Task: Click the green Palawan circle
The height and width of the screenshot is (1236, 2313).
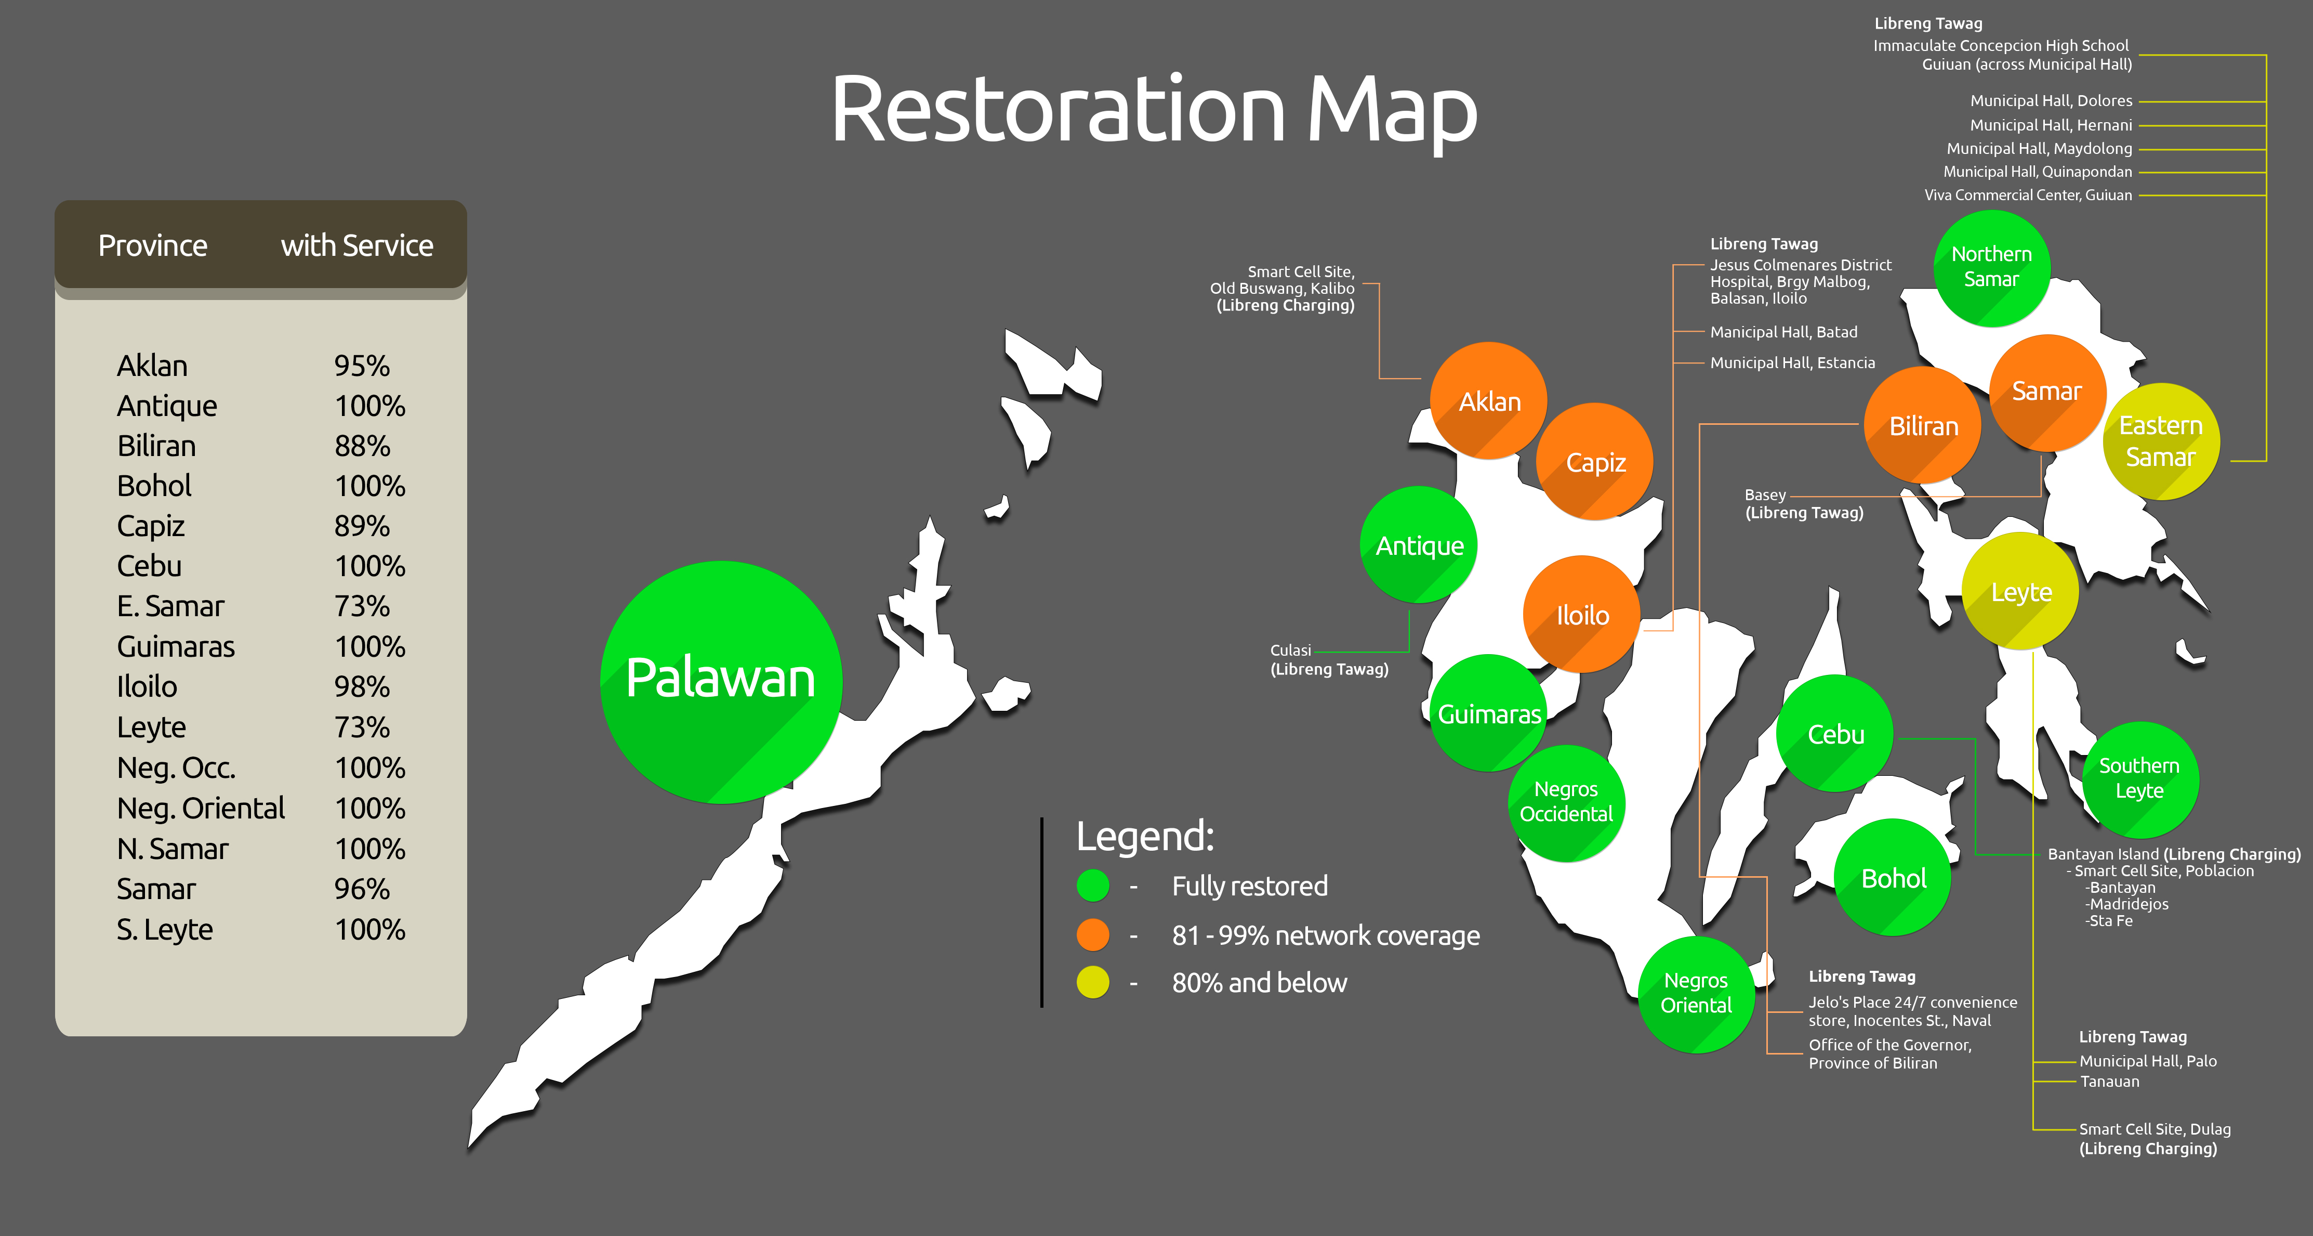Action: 721,681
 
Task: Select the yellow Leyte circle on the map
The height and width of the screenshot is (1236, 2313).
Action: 2020,591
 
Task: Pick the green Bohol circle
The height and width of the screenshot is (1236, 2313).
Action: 1893,878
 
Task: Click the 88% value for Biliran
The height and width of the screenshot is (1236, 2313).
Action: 362,446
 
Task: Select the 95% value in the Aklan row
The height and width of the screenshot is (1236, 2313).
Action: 362,366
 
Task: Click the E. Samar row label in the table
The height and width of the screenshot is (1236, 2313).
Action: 170,606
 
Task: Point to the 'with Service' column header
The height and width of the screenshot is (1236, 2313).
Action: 356,245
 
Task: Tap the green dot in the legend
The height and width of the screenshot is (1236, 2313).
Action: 1093,886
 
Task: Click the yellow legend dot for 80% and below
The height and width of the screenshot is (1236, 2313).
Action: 1093,982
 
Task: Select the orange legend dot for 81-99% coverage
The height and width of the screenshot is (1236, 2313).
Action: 1093,934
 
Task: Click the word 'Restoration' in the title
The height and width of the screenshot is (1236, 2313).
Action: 1058,110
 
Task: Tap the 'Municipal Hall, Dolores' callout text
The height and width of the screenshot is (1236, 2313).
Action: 2051,100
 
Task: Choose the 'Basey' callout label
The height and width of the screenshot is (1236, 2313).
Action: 1764,495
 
